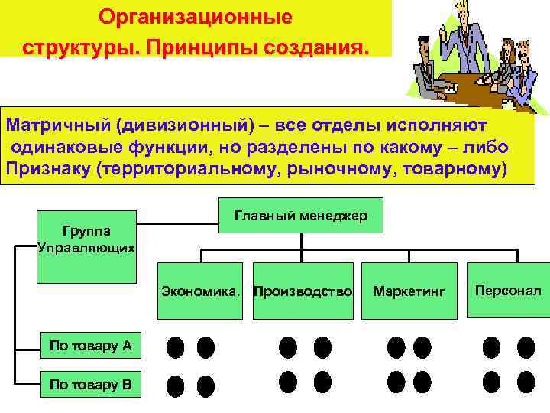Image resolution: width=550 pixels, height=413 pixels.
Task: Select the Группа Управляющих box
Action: tap(86, 239)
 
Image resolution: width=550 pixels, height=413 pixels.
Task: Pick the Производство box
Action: tap(302, 291)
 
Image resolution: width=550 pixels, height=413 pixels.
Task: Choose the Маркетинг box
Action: tap(409, 291)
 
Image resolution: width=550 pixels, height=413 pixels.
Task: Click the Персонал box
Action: tap(508, 291)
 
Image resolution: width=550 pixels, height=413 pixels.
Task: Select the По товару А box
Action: tap(90, 346)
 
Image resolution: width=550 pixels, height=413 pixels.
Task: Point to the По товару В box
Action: tap(90, 384)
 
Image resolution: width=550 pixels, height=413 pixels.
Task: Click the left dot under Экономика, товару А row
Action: tap(175, 347)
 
